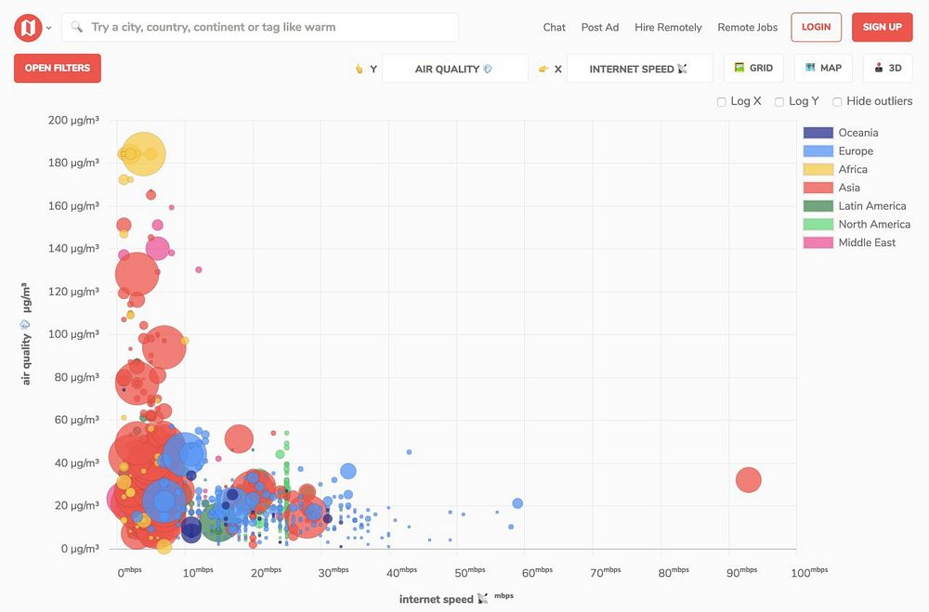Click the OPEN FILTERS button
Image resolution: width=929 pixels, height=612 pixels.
pos(58,68)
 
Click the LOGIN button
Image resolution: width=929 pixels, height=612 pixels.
pos(816,27)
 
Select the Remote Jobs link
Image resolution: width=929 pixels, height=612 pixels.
pos(748,27)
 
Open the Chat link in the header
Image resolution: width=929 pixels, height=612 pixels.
pos(555,27)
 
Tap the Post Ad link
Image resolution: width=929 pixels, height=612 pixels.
pos(600,27)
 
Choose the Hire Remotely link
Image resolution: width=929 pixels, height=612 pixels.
pos(668,27)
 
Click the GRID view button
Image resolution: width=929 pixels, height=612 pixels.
pos(753,68)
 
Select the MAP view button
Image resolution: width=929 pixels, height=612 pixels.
pos(823,68)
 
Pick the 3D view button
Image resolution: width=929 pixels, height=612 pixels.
pos(887,68)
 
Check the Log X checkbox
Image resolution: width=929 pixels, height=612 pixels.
pos(722,102)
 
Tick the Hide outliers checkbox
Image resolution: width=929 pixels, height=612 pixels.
pos(837,102)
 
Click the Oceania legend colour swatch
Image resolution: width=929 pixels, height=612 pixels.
pos(818,133)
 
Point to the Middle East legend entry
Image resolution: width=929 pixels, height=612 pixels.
pos(867,242)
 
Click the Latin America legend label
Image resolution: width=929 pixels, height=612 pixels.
pos(871,206)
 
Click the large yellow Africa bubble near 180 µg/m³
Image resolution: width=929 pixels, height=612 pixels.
pos(144,154)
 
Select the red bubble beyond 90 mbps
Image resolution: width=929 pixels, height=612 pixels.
pos(749,480)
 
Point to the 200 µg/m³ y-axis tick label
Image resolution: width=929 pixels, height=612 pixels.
pos(72,120)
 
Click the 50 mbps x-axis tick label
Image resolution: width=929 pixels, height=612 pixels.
pos(469,572)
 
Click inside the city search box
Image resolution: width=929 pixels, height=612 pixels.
pos(269,27)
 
